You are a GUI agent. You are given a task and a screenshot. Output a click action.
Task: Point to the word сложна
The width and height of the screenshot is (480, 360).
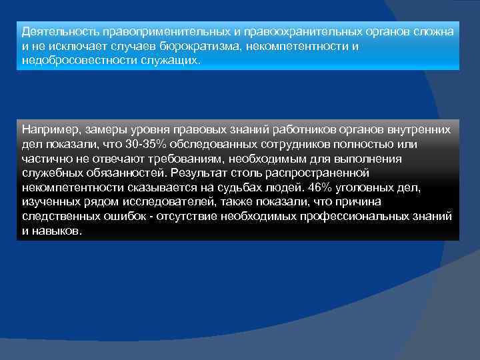(436, 32)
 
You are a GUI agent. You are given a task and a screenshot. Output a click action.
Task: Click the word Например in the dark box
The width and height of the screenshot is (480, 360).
(48, 127)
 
